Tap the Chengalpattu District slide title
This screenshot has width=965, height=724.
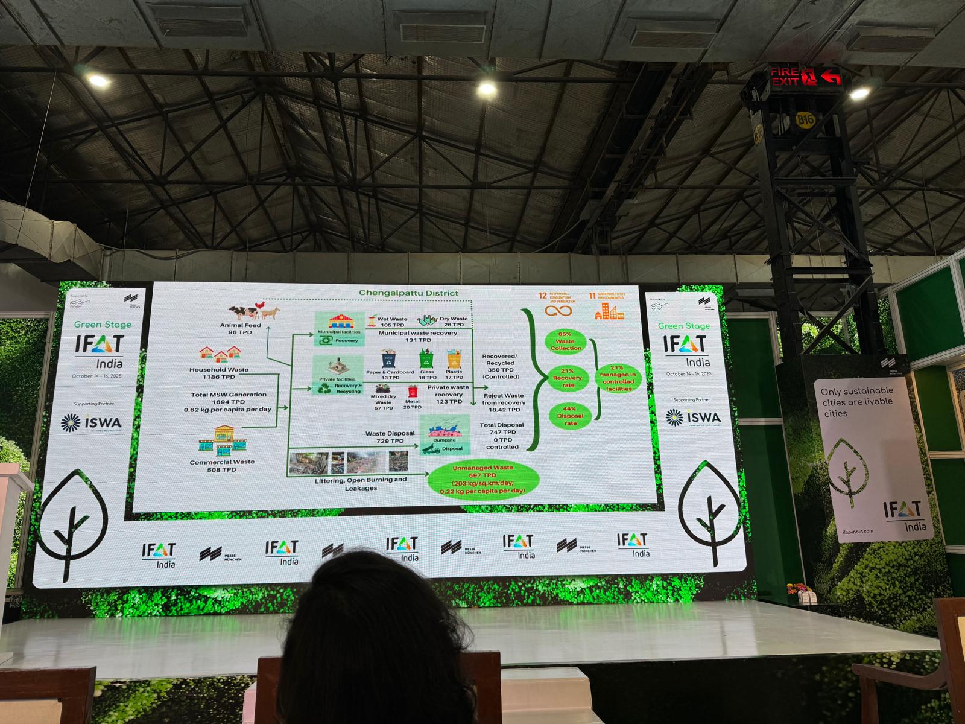pos(408,293)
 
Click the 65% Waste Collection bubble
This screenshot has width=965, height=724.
pos(565,341)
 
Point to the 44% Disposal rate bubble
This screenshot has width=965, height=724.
pos(570,416)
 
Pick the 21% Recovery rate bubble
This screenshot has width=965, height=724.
pos(567,378)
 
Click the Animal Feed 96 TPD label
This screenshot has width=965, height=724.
pos(240,329)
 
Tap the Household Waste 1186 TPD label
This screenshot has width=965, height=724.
pos(219,373)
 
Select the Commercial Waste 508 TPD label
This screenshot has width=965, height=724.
pos(221,465)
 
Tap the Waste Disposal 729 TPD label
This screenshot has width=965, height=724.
pos(390,437)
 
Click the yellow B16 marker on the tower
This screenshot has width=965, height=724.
pos(805,119)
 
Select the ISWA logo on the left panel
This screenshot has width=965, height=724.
pos(91,423)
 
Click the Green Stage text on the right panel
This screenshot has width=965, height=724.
pos(683,326)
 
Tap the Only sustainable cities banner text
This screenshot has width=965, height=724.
pos(856,402)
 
